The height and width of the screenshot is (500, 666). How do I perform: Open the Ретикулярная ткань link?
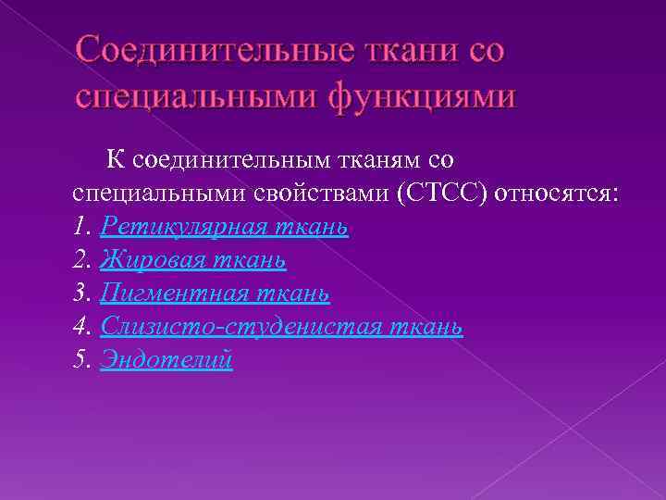224,228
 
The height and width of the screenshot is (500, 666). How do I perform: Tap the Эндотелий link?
166,361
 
